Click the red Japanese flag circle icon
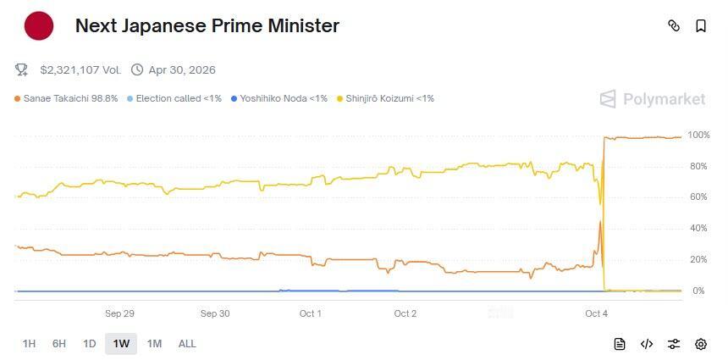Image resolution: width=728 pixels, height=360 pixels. [39, 25]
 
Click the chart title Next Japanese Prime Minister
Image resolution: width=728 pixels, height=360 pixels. [207, 25]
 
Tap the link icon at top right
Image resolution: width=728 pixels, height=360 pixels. [674, 25]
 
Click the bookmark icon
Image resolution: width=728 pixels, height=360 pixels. [701, 25]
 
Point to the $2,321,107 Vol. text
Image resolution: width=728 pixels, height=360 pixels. [80, 69]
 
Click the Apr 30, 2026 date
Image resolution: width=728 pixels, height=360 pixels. [181, 69]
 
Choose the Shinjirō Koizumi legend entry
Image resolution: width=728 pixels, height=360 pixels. [385, 98]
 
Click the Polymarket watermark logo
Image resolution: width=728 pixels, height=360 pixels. [653, 99]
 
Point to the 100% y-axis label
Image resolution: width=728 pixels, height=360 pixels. [698, 136]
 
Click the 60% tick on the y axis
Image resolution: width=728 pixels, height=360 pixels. [697, 197]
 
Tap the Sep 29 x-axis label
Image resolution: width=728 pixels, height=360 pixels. [119, 313]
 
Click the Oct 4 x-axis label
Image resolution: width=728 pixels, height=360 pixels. [596, 313]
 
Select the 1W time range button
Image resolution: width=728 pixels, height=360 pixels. [121, 344]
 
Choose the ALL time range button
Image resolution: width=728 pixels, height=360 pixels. [187, 344]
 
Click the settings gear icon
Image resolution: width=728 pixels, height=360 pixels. [701, 344]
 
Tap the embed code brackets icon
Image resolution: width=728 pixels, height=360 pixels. [647, 344]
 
